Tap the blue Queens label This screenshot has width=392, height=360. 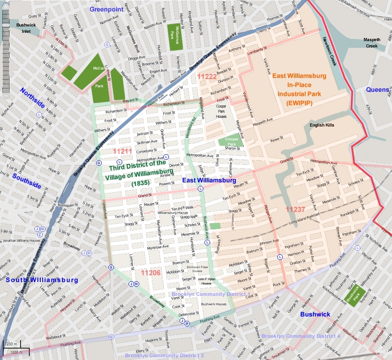tap(377, 90)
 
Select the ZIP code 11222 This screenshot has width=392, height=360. tap(207, 76)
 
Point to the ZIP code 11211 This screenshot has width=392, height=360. tap(122, 151)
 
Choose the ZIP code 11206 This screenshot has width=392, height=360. tap(151, 273)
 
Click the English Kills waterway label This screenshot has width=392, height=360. tap(322, 125)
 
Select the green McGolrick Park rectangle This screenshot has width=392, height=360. tap(175, 37)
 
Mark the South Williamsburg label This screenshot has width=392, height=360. tap(42, 280)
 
